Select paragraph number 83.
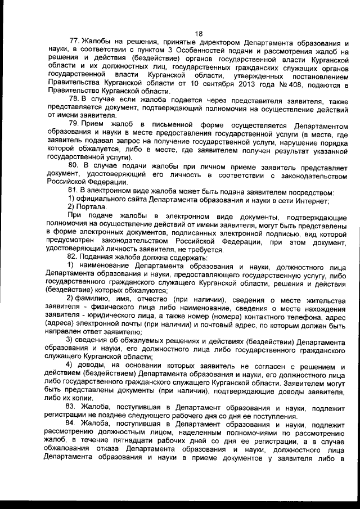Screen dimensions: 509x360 pos(74,404)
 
